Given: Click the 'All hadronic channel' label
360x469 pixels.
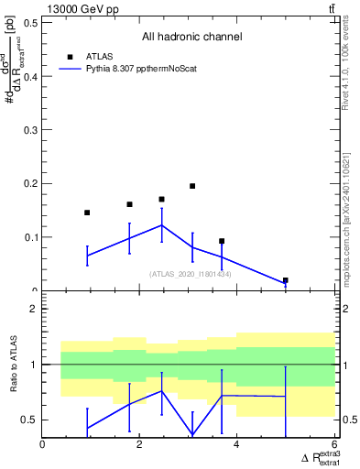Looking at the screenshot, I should (191, 38).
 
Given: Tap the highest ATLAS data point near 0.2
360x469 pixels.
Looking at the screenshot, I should (192, 186).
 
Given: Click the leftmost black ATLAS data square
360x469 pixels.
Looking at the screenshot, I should (87, 213).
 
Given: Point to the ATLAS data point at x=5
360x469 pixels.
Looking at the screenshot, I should (286, 280).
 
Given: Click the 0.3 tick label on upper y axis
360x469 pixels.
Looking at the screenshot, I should (31, 130).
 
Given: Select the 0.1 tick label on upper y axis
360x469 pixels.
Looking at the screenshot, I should (31, 237).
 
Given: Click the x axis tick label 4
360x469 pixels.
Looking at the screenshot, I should (237, 445).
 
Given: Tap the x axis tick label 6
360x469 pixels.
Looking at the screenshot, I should (334, 445).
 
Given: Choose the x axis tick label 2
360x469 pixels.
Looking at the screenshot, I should (140, 445).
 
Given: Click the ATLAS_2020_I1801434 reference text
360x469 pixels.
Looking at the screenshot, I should (190, 274).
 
